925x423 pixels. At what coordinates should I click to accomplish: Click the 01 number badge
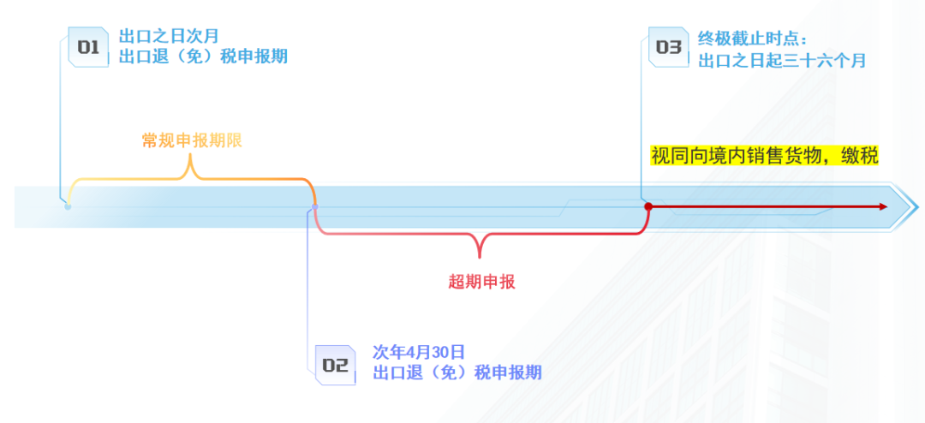click(88, 47)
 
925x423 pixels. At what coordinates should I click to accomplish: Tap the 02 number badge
click(334, 365)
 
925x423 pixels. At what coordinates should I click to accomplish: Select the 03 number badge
click(668, 47)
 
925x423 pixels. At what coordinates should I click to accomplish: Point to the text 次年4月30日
click(419, 352)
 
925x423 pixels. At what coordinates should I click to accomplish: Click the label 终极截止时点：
click(753, 39)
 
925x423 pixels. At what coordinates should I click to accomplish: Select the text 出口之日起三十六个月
click(782, 60)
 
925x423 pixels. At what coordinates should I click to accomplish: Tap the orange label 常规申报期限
click(192, 140)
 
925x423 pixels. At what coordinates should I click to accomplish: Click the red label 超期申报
click(481, 282)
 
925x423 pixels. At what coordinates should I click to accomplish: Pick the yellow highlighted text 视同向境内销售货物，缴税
click(764, 156)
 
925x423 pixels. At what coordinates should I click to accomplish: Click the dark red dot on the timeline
click(648, 206)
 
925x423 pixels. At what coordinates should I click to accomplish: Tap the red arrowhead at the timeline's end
click(882, 206)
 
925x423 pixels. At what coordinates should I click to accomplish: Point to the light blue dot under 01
click(68, 206)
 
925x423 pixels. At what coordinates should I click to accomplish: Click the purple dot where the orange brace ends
click(314, 206)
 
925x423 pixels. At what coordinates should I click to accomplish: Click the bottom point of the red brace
click(480, 256)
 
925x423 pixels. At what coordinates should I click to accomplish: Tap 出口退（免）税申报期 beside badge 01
click(203, 57)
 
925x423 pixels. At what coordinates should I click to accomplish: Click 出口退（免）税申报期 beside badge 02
click(457, 372)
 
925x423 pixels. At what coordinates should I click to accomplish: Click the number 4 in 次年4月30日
click(409, 352)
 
